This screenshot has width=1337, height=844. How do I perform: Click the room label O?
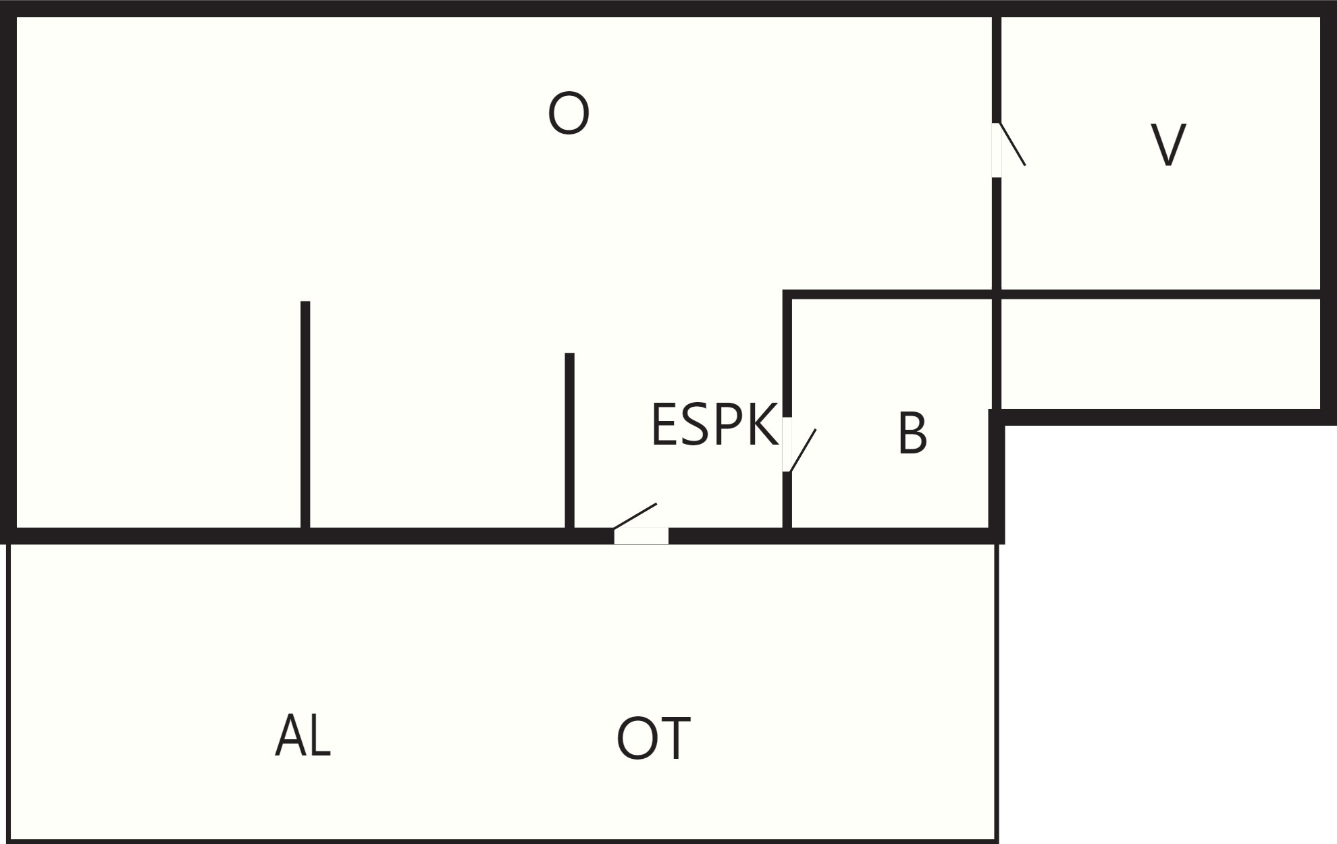click(569, 113)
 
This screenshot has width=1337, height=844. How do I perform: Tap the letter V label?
click(1168, 145)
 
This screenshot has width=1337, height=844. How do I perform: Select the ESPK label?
click(714, 424)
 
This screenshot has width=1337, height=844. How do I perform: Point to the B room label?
click(912, 434)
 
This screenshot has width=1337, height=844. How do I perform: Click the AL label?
click(303, 735)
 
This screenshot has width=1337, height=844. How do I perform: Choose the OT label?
click(653, 739)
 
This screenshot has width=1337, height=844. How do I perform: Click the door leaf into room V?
click(1013, 144)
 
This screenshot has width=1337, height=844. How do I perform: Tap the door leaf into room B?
click(803, 450)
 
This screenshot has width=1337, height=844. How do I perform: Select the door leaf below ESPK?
click(635, 516)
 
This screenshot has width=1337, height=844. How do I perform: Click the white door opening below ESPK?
click(641, 536)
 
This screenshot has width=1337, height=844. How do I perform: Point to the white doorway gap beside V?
click(997, 150)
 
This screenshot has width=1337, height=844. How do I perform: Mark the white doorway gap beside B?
click(787, 445)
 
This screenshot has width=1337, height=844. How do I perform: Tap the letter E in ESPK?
click(664, 424)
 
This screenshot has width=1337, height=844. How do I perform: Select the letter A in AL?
click(290, 735)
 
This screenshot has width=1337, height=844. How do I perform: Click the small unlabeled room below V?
click(1160, 353)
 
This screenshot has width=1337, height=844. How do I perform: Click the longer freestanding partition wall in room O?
click(305, 414)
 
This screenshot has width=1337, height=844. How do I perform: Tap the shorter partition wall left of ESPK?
click(569, 440)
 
